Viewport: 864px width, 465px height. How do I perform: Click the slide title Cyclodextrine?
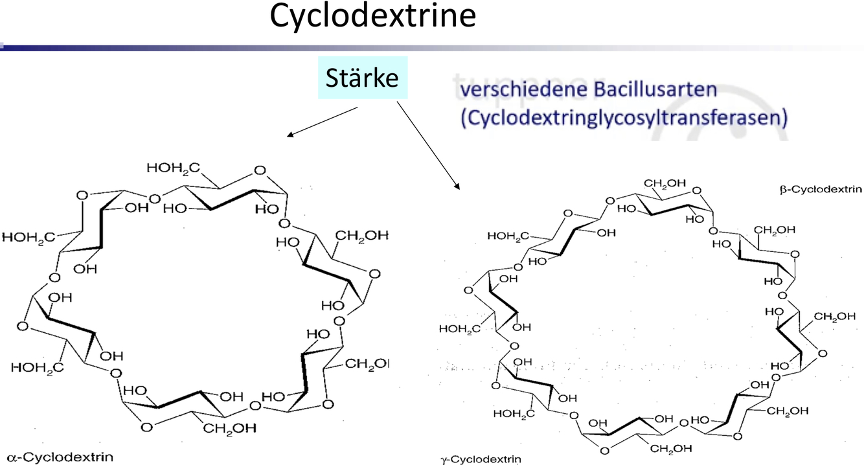[x=372, y=17]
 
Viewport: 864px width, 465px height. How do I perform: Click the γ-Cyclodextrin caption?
[x=480, y=460]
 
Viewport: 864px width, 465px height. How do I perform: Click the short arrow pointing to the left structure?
[x=322, y=122]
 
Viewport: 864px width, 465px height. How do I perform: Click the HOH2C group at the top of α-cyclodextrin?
[x=169, y=168]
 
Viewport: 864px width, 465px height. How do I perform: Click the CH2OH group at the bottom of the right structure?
[x=670, y=448]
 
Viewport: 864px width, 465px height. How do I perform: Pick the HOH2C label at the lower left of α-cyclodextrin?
[x=33, y=367]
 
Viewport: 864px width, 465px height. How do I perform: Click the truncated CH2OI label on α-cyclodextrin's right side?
[x=367, y=365]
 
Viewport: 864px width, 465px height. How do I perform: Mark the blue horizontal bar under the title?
[x=194, y=47]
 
